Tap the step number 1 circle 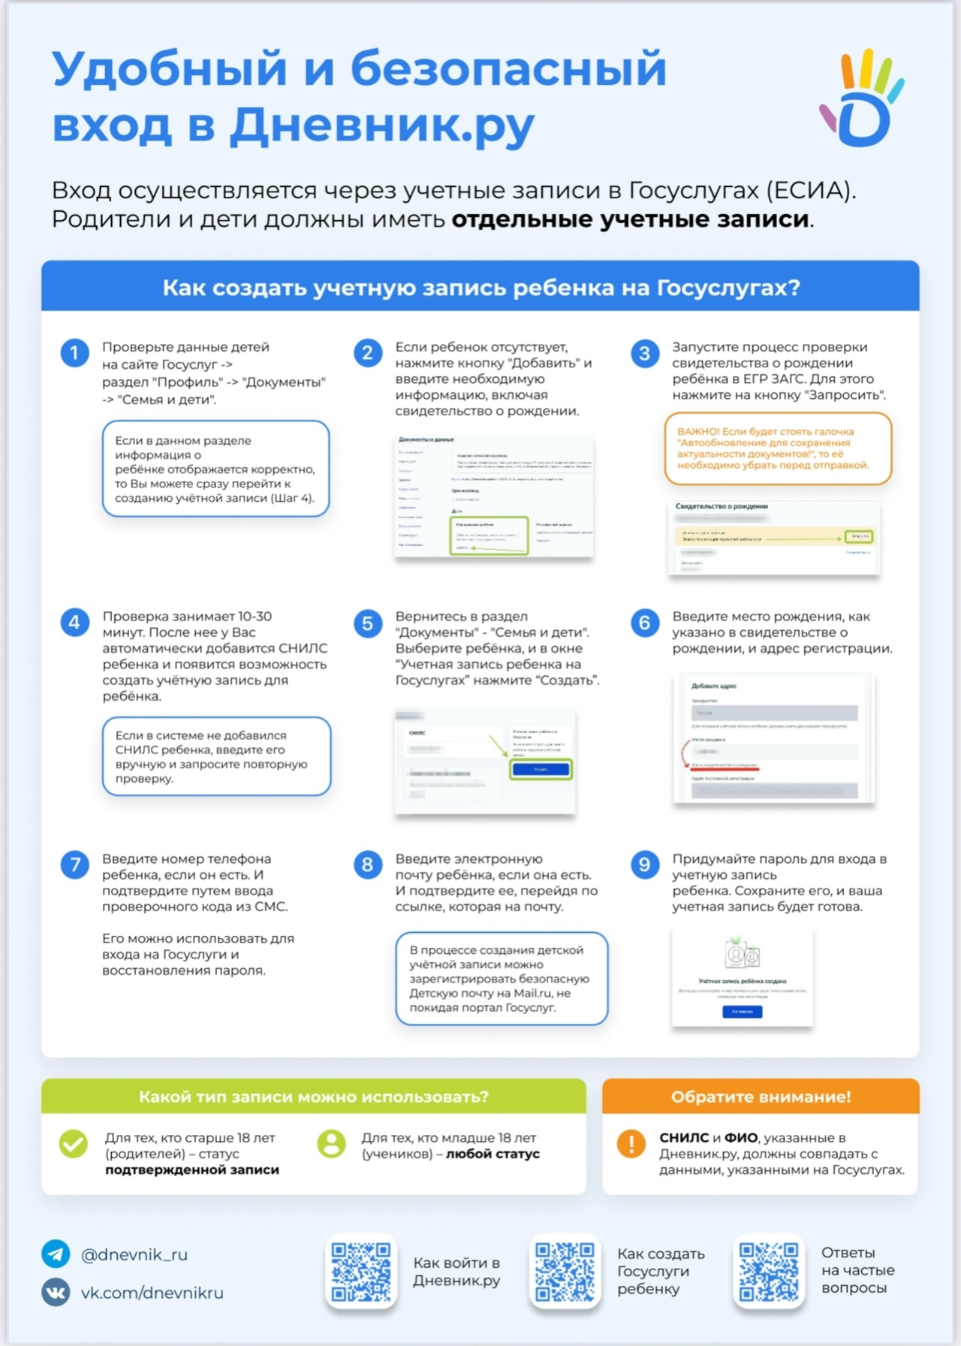[74, 353]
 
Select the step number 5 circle [368, 623]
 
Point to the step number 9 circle [644, 865]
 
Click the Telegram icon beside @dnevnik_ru [56, 1254]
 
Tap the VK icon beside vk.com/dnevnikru [56, 1292]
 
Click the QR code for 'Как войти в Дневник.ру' [361, 1271]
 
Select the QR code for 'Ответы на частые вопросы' [768, 1271]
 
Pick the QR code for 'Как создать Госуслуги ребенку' [565, 1271]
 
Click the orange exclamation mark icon [631, 1144]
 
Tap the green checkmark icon [74, 1144]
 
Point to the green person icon [331, 1144]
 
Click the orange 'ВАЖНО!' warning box [778, 448]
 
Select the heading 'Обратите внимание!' [761, 1097]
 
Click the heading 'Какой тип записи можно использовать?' [313, 1097]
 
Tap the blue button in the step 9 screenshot [742, 1012]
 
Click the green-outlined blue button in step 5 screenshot [541, 769]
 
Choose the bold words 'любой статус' [493, 1154]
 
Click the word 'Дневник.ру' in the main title [382, 125]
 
